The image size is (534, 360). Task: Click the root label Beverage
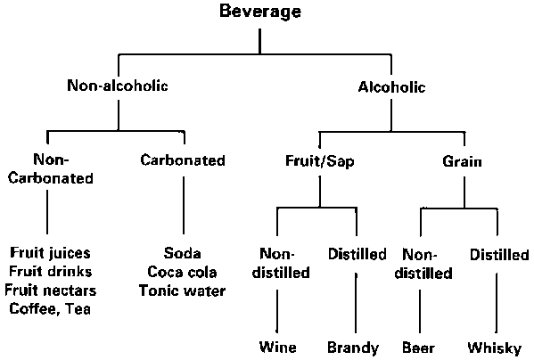(x=260, y=12)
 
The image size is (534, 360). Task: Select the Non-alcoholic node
(x=118, y=86)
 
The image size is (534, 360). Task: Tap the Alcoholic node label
(x=391, y=87)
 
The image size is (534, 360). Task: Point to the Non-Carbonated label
(x=51, y=168)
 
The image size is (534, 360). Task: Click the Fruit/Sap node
(x=319, y=161)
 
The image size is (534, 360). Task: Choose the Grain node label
(x=462, y=161)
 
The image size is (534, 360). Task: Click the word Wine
(x=277, y=347)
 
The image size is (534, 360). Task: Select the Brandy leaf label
(x=353, y=348)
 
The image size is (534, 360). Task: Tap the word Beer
(x=418, y=348)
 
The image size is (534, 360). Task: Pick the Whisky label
(x=495, y=348)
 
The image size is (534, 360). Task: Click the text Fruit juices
(x=51, y=253)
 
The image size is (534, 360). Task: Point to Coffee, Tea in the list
(x=50, y=309)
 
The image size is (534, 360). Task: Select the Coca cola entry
(x=182, y=272)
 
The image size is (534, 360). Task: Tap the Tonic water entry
(x=182, y=290)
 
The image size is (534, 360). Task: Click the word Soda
(x=182, y=253)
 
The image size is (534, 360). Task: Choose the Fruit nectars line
(x=51, y=290)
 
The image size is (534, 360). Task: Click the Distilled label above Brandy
(x=357, y=254)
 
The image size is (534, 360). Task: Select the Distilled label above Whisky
(x=499, y=255)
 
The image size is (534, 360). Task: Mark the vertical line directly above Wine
(x=277, y=311)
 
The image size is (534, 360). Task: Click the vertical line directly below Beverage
(x=259, y=41)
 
